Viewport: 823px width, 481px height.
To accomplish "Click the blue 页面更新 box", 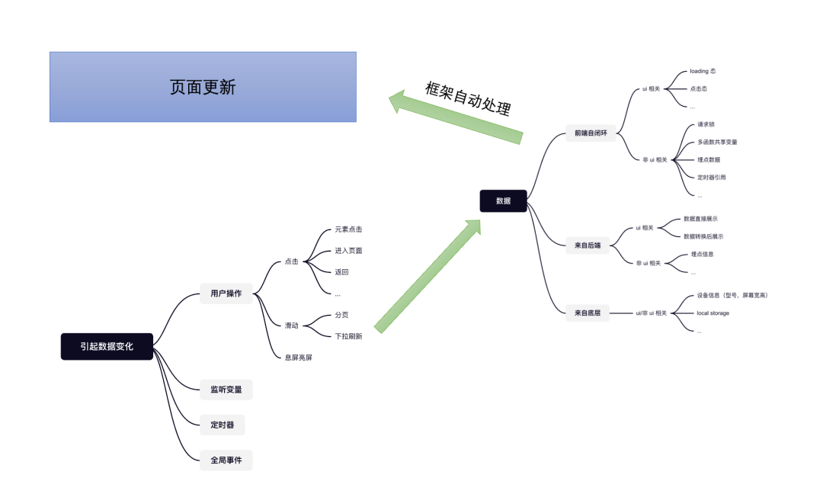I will coord(203,87).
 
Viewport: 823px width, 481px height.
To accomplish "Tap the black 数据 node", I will coord(503,200).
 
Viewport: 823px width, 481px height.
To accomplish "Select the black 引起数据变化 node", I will coord(107,346).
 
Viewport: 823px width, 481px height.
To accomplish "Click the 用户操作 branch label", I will coord(226,293).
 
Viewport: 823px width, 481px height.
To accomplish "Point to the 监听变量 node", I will coord(226,390).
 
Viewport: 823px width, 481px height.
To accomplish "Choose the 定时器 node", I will coord(222,425).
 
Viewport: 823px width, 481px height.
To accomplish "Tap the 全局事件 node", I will coord(226,460).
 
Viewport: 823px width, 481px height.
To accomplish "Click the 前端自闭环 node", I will coord(591,133).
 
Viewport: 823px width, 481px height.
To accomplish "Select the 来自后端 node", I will coord(588,245).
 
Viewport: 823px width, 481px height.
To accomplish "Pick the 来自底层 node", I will coord(588,313).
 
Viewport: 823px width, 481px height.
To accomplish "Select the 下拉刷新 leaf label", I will coord(348,336).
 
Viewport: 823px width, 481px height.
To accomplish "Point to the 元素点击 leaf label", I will coord(348,229).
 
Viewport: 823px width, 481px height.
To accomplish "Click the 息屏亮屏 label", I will coord(298,357).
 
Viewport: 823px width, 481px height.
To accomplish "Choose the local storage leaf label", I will coord(713,313).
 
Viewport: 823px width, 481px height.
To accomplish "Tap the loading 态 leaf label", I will coord(702,71).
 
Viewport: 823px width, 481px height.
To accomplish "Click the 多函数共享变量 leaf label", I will coord(717,142).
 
